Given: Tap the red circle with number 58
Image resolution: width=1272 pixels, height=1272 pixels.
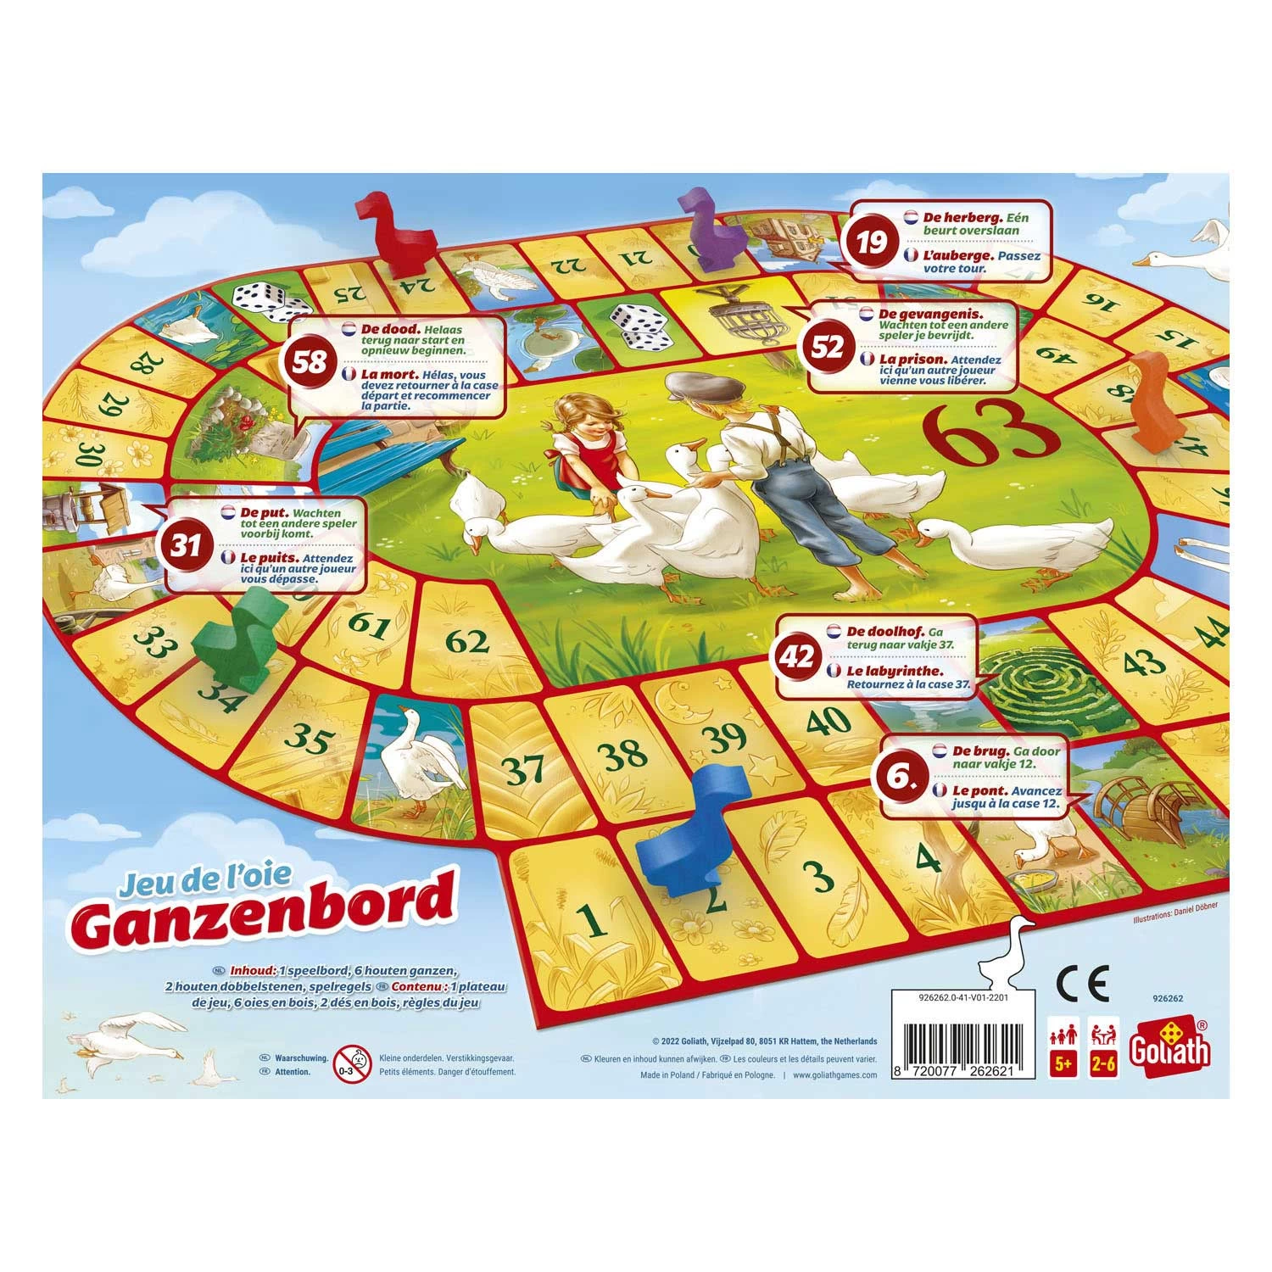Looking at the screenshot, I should tap(310, 362).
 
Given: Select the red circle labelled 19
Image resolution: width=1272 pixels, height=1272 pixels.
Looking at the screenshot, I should tap(871, 243).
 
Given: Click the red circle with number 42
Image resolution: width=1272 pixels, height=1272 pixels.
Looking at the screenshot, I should tap(800, 656).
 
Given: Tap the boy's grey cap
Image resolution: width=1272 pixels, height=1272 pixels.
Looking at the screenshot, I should tap(692, 386).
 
